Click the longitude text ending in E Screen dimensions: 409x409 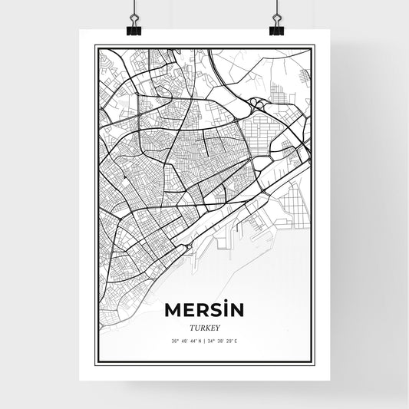[224, 341]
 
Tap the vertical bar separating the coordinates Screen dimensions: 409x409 [205, 341]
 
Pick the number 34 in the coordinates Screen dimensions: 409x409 [211, 341]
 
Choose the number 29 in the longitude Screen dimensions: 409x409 [230, 341]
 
